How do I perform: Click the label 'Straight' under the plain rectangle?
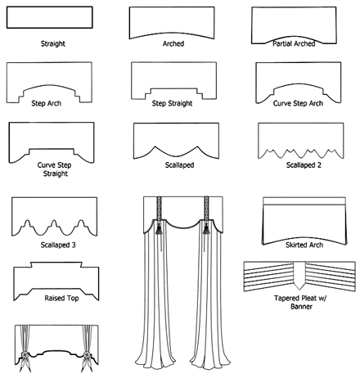(x=53, y=43)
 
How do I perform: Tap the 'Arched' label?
(x=173, y=43)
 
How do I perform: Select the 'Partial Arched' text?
(x=294, y=43)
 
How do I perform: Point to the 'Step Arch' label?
(x=47, y=103)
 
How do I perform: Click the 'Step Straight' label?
(x=172, y=103)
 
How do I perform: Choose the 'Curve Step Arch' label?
(x=298, y=103)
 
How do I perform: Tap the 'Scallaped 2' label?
(x=304, y=165)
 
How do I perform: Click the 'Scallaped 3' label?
(x=58, y=245)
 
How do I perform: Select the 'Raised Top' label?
(x=61, y=298)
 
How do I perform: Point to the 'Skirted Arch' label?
(x=304, y=245)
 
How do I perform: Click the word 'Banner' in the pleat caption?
(x=301, y=307)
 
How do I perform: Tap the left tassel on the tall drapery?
(x=159, y=228)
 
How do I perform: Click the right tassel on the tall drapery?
(x=206, y=228)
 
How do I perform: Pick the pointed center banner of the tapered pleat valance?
(x=299, y=275)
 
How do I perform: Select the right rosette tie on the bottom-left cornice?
(x=88, y=356)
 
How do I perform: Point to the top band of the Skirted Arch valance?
(x=304, y=201)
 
